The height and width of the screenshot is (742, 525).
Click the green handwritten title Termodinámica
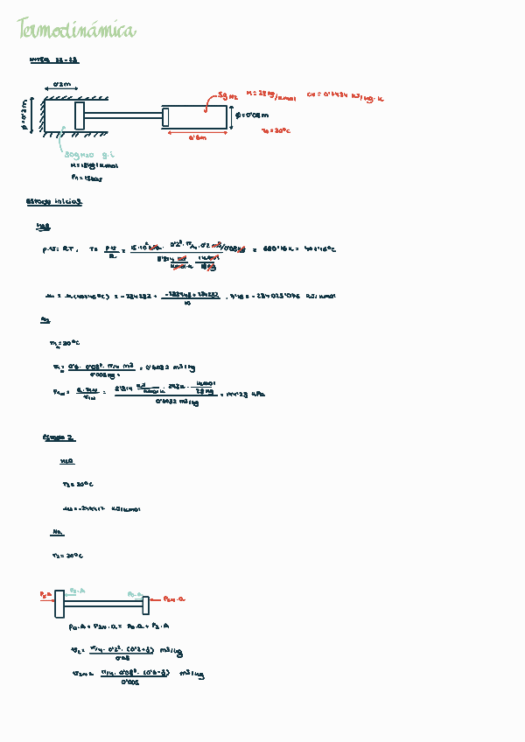pos(77,32)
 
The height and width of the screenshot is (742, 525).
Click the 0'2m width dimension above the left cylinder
pos(62,84)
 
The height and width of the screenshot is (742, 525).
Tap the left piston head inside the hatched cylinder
pos(80,116)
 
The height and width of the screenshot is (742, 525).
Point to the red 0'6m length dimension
pos(197,137)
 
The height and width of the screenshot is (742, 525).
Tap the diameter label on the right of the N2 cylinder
pos(252,115)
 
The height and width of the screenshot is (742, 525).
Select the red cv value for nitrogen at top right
pos(346,98)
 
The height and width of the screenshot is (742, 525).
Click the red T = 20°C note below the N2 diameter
pos(276,130)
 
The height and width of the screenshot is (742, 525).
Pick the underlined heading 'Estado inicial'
pos(55,201)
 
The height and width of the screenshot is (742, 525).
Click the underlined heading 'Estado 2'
pos(59,437)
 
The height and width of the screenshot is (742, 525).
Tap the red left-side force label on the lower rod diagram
pos(45,595)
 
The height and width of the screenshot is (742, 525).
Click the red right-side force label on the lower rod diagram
pos(175,599)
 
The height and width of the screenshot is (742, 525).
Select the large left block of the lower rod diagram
pos(59,604)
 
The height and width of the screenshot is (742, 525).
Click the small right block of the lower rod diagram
pos(146,604)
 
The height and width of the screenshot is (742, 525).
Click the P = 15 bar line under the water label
pos(87,178)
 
